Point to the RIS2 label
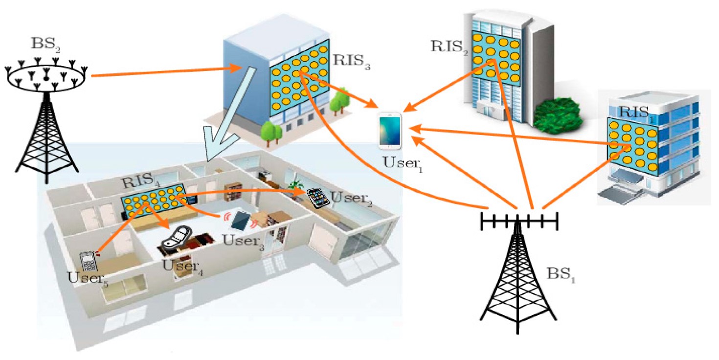pos(446,46)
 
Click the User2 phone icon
pos(318,198)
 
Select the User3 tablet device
pos(241,221)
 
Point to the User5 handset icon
pos(89,262)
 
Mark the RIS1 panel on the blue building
pos(632,142)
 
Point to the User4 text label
pos(180,267)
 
